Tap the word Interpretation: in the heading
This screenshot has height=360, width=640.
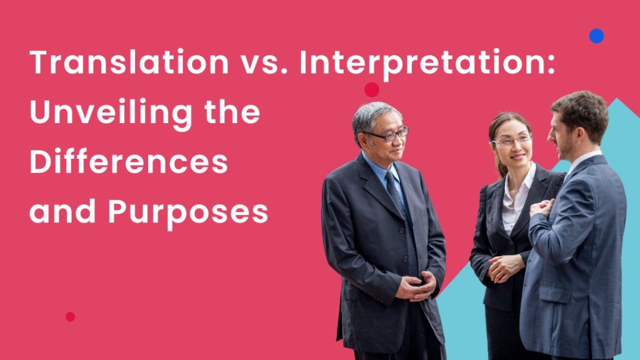[x=427, y=64]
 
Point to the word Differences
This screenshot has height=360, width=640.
[x=129, y=162]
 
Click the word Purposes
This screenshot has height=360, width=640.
[x=188, y=213]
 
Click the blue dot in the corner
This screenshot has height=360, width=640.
[x=597, y=36]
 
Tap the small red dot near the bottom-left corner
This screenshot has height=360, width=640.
[x=70, y=317]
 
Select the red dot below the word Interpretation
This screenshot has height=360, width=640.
[x=372, y=89]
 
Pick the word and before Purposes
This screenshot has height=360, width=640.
[x=61, y=213]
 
